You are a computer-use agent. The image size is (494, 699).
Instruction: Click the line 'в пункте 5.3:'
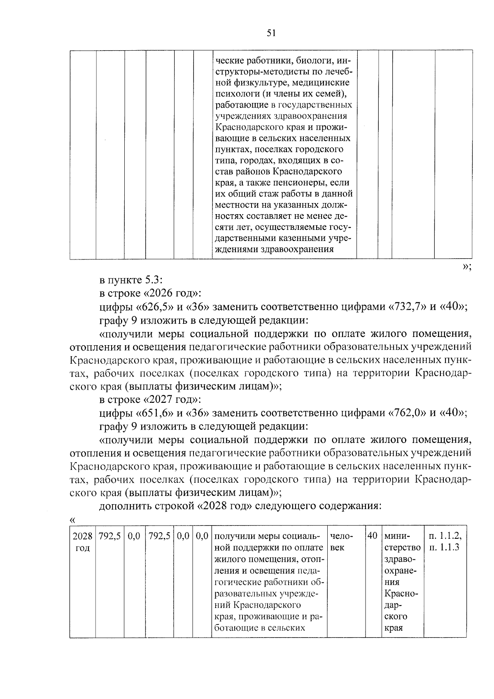tap(131, 281)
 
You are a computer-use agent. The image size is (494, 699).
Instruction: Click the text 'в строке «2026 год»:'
tap(150, 294)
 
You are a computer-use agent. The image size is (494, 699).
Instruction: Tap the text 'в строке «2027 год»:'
tap(150, 400)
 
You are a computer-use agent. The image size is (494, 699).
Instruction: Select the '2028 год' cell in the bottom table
tap(83, 542)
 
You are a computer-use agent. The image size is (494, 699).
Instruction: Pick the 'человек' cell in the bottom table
tap(341, 542)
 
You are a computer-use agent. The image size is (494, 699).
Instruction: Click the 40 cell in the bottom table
tap(372, 536)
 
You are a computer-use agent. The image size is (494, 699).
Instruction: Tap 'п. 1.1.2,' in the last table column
tap(445, 536)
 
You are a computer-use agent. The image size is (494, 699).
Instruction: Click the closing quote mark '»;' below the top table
tap(466, 267)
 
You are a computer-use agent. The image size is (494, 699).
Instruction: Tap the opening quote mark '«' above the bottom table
tap(74, 520)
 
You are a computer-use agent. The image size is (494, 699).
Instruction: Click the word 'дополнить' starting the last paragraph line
tap(120, 506)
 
